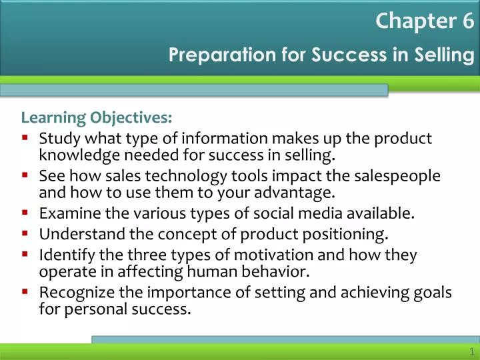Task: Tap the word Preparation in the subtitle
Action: pyautogui.click(x=222, y=55)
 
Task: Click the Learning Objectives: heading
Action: pyautogui.click(x=97, y=117)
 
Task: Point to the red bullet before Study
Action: pyautogui.click(x=25, y=137)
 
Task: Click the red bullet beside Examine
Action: pyautogui.click(x=25, y=211)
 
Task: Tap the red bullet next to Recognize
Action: pyautogui.click(x=25, y=291)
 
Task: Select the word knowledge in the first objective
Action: pyautogui.click(x=79, y=155)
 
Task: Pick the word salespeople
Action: pyautogui.click(x=397, y=177)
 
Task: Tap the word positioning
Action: pyautogui.click(x=345, y=235)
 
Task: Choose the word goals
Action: pyautogui.click(x=433, y=293)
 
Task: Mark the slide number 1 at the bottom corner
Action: pyautogui.click(x=472, y=351)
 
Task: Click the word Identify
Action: pyautogui.click(x=67, y=255)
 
